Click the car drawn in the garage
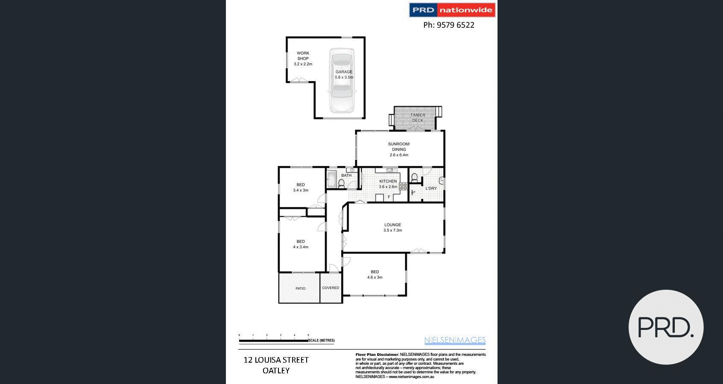click(x=341, y=80)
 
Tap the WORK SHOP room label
click(x=303, y=56)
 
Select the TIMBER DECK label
click(x=418, y=118)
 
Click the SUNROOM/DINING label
click(x=399, y=147)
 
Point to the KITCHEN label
click(x=388, y=181)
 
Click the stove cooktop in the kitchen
click(x=403, y=186)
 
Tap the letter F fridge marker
click(x=389, y=197)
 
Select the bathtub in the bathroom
click(x=331, y=179)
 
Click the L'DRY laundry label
click(x=431, y=188)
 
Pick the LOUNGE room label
click(x=392, y=225)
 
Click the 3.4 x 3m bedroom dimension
click(x=301, y=190)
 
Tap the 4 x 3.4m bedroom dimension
click(x=301, y=247)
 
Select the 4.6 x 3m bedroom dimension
click(x=375, y=277)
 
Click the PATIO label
click(x=300, y=288)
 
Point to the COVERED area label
click(x=331, y=288)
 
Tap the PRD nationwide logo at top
click(x=452, y=10)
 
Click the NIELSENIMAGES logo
click(x=455, y=340)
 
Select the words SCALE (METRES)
click(x=322, y=340)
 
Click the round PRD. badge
click(x=666, y=327)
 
